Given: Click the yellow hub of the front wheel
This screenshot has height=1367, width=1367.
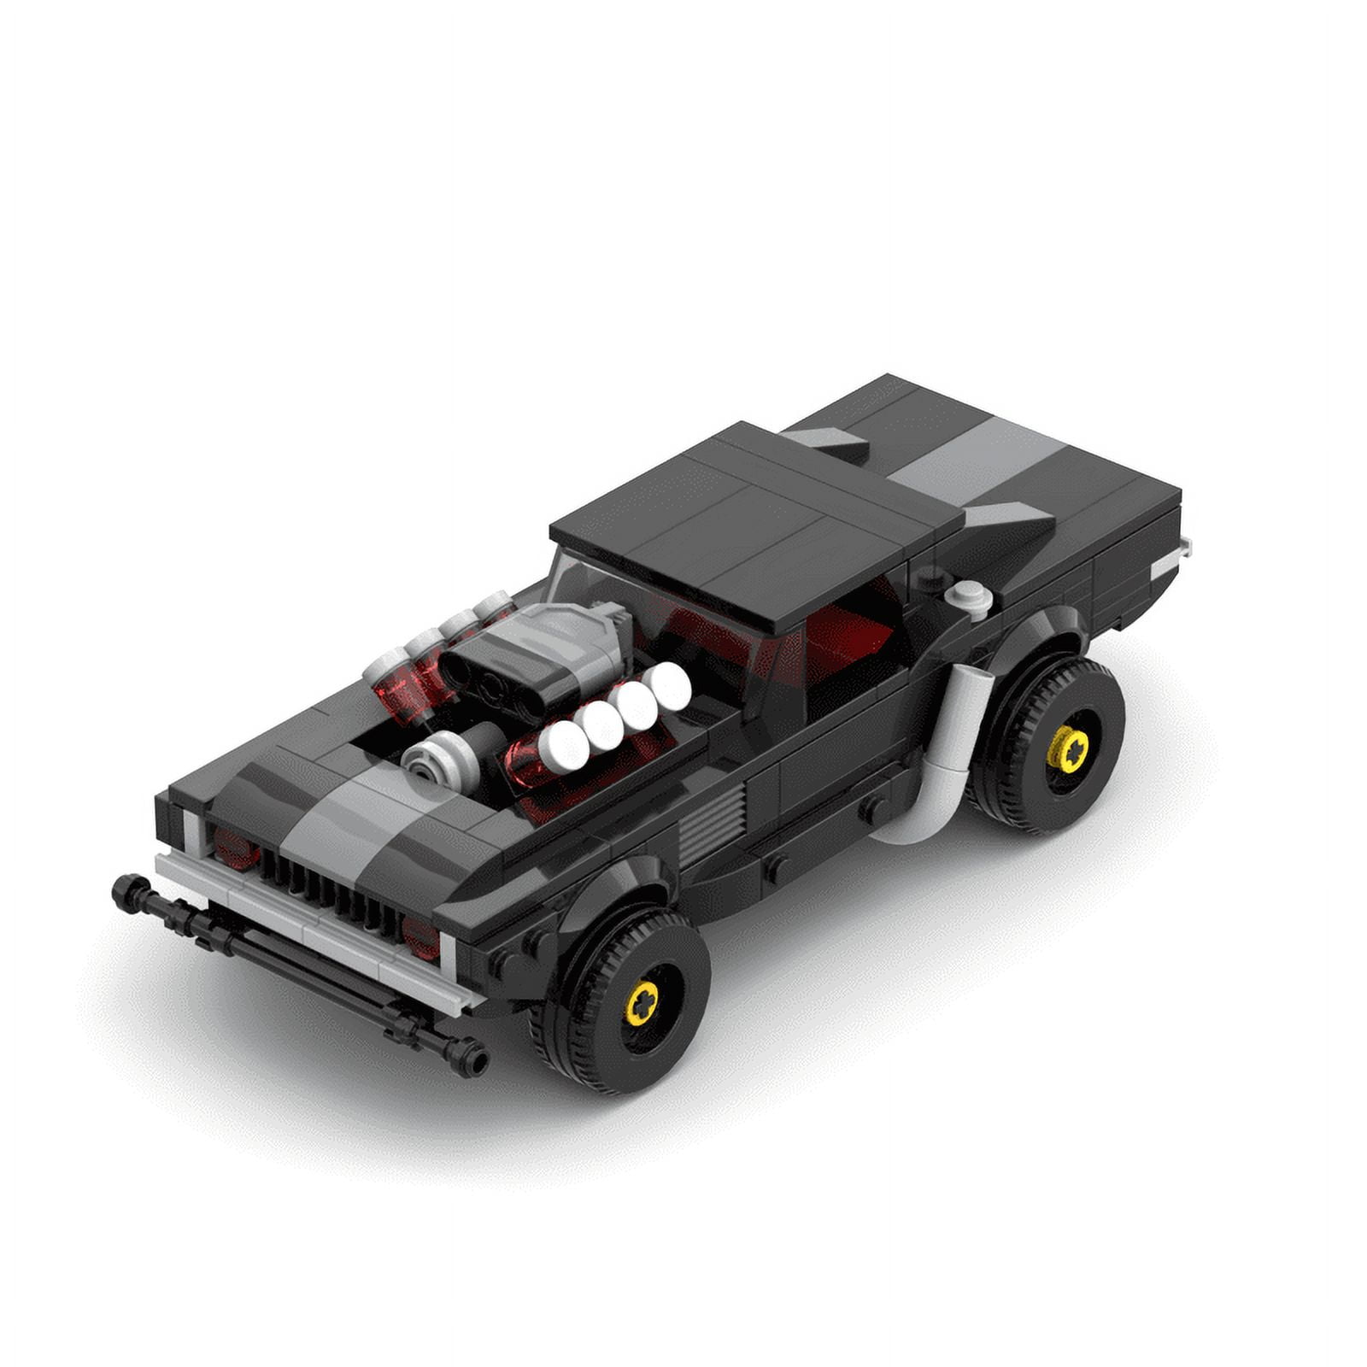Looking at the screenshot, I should pyautogui.click(x=642, y=1002).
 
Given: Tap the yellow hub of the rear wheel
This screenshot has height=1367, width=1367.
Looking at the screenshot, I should pyautogui.click(x=1068, y=750).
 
